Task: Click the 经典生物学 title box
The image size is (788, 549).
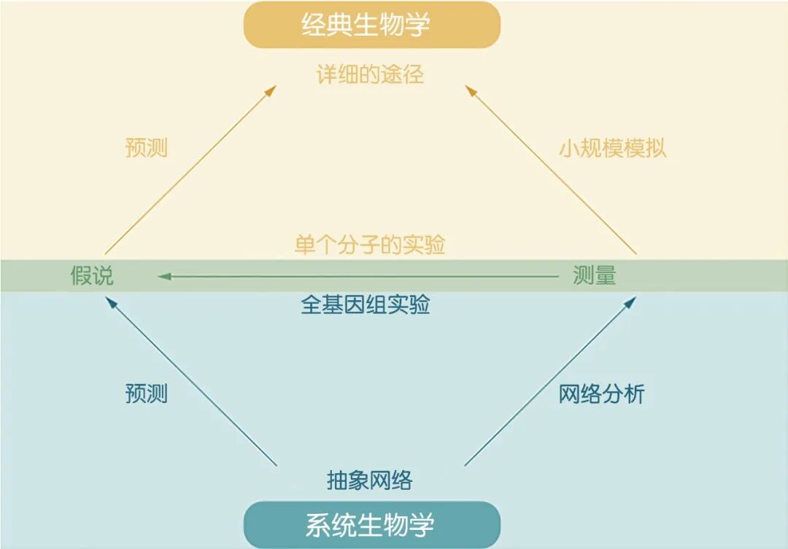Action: tap(371, 25)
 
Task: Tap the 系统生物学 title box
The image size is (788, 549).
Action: tap(371, 524)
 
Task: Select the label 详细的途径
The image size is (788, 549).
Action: tap(370, 74)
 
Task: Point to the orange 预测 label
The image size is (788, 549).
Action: tap(147, 148)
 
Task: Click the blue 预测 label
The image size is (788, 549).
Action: tap(147, 394)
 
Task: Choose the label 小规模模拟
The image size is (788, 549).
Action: tap(613, 148)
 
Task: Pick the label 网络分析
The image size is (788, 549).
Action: tap(602, 394)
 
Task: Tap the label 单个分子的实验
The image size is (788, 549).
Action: tap(370, 245)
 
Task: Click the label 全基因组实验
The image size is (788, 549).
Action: tap(366, 304)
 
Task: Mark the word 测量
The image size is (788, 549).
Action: tap(595, 275)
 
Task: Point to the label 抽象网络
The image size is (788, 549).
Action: tap(370, 480)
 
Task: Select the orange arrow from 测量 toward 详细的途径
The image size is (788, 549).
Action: tap(551, 171)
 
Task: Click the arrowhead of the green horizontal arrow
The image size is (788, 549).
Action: tap(164, 276)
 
